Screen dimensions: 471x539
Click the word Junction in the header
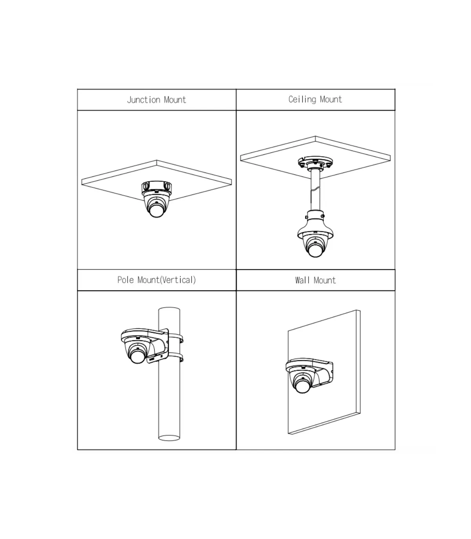[143, 100]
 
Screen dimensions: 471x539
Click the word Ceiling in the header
[302, 99]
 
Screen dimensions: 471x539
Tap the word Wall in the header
[302, 280]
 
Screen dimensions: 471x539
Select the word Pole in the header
[126, 280]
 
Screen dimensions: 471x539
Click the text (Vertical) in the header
[178, 280]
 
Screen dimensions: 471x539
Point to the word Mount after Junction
[175, 100]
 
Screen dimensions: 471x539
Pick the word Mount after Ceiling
[331, 99]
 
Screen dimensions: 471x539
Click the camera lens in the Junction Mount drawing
[157, 210]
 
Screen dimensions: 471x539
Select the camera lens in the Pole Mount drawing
[137, 357]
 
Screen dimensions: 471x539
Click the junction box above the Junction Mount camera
[157, 187]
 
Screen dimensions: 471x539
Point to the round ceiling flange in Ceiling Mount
[315, 162]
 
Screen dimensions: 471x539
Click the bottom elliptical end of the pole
[169, 438]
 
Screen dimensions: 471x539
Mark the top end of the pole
[169, 310]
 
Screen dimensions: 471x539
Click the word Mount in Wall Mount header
[325, 280]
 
